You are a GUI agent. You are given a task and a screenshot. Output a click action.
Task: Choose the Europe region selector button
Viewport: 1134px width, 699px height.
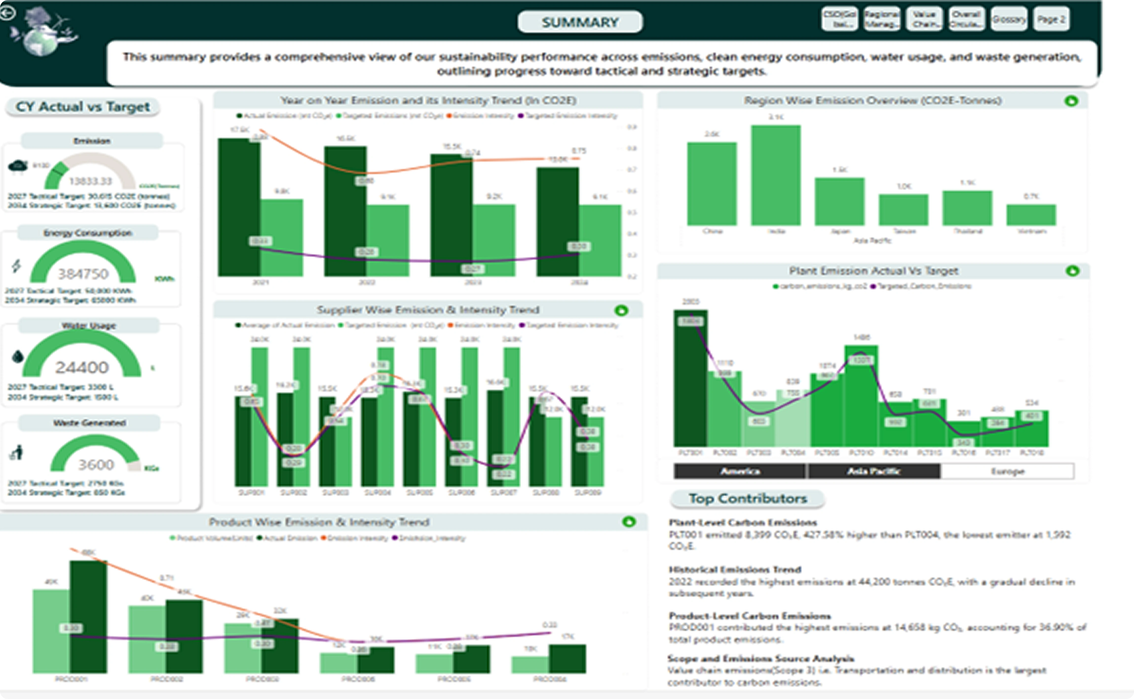click(1007, 471)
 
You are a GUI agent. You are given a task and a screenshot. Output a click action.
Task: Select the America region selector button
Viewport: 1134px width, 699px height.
click(740, 471)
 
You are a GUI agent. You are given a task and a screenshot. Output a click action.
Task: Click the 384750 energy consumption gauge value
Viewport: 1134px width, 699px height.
click(83, 274)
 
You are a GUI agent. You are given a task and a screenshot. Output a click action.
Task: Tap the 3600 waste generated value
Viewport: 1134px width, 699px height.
click(96, 465)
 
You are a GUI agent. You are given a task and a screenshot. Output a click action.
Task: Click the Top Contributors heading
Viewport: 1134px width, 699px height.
click(748, 498)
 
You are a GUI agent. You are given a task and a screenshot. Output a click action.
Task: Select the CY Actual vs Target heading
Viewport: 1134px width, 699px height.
click(83, 107)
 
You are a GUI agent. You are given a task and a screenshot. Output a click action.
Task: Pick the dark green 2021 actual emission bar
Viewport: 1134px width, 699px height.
click(239, 208)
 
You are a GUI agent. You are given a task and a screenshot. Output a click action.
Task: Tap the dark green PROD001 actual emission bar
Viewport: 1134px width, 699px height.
click(88, 617)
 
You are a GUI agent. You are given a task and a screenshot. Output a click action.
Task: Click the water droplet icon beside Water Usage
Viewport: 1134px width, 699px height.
click(18, 356)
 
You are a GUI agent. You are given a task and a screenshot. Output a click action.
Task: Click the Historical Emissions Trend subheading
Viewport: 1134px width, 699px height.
click(735, 570)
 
